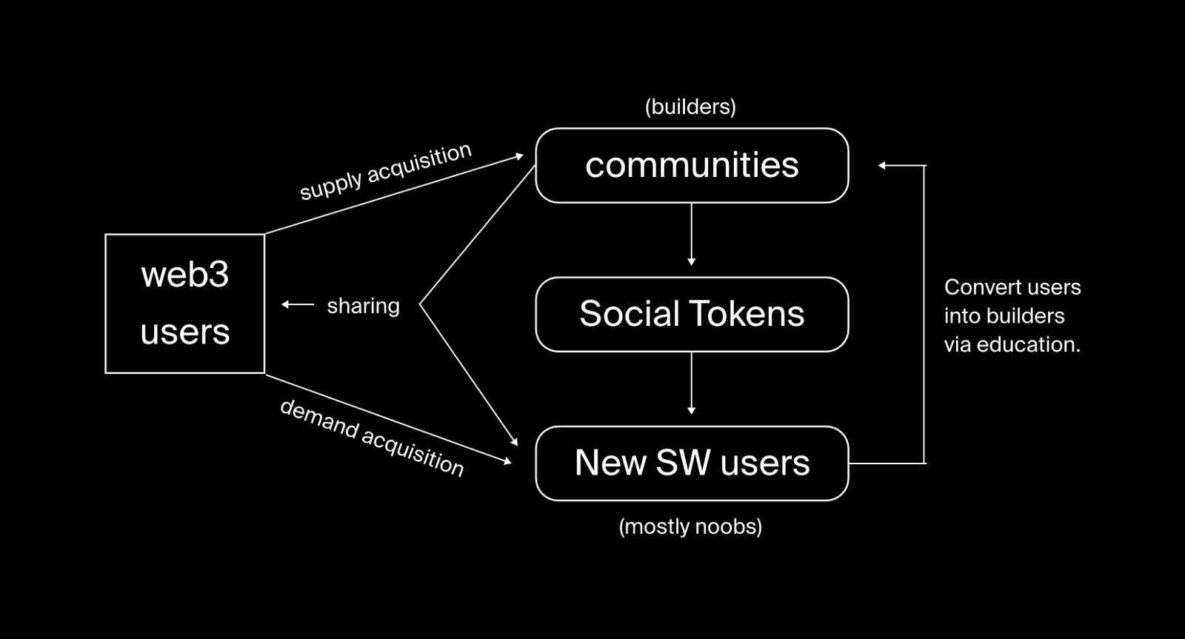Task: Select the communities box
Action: [x=692, y=165]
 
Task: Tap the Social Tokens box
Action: [x=692, y=314]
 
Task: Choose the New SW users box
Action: [x=692, y=464]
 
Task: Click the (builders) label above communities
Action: [x=690, y=107]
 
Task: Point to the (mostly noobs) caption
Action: [x=690, y=526]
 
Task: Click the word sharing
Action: [x=364, y=307]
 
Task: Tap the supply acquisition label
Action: [x=385, y=171]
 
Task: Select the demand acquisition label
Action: [x=372, y=438]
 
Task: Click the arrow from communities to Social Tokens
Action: [x=692, y=234]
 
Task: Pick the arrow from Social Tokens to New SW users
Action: [x=692, y=384]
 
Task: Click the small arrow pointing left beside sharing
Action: [x=298, y=304]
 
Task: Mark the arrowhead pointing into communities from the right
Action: [x=882, y=166]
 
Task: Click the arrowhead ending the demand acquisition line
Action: [x=507, y=461]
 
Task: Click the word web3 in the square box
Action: [x=184, y=275]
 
